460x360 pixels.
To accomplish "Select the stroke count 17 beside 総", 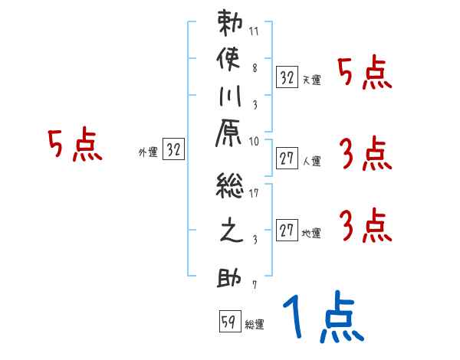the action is [255, 194].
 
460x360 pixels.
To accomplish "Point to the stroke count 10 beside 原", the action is [255, 141].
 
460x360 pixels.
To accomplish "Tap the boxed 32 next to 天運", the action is [287, 77].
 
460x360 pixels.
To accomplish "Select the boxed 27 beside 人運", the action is [287, 159].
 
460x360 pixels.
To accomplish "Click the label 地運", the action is [311, 234].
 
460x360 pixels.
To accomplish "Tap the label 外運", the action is [147, 152].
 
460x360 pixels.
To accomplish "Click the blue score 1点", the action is [322, 318].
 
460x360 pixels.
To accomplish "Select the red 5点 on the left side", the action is [74, 146].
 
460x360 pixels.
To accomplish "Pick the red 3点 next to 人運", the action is [365, 155].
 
